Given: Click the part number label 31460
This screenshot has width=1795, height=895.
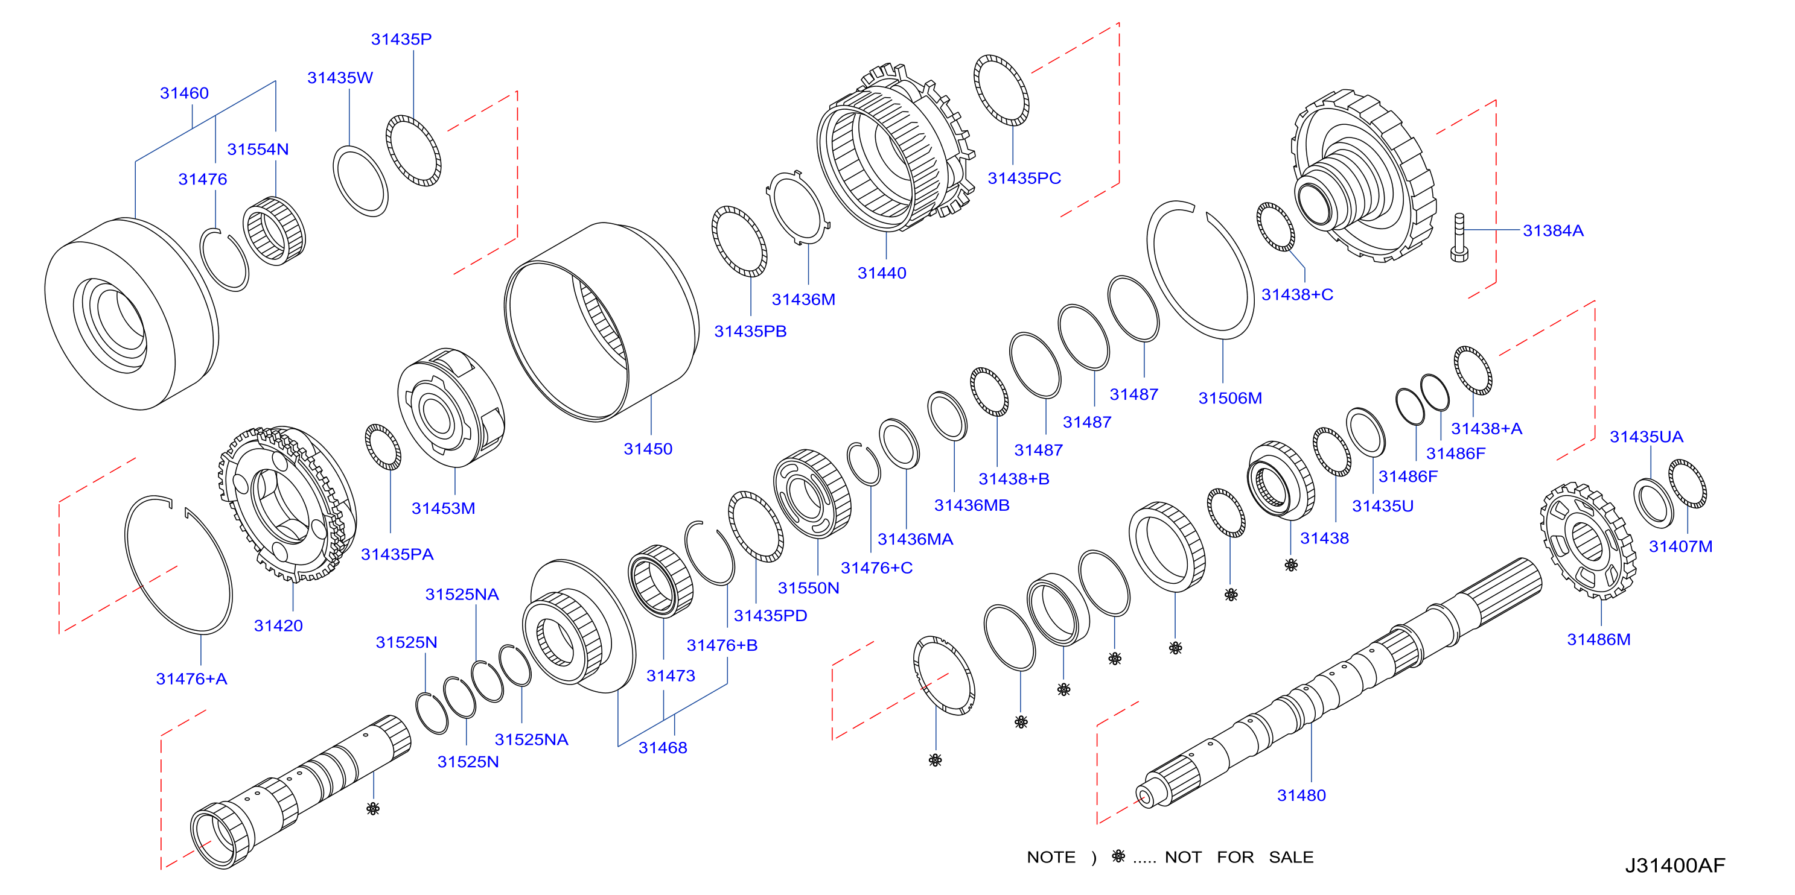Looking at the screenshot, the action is pos(184,93).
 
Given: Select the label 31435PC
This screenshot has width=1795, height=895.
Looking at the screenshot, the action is pos(1024,179).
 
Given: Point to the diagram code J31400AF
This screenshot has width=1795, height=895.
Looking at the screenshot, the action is pos(1674,865).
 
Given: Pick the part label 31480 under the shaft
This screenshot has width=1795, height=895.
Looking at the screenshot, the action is pos(1301,795).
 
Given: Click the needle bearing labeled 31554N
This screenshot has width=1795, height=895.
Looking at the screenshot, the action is pos(274,230).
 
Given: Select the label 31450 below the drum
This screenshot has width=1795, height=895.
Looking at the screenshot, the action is pos(648,449).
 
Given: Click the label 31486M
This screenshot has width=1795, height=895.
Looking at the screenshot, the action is pos(1598,639).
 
